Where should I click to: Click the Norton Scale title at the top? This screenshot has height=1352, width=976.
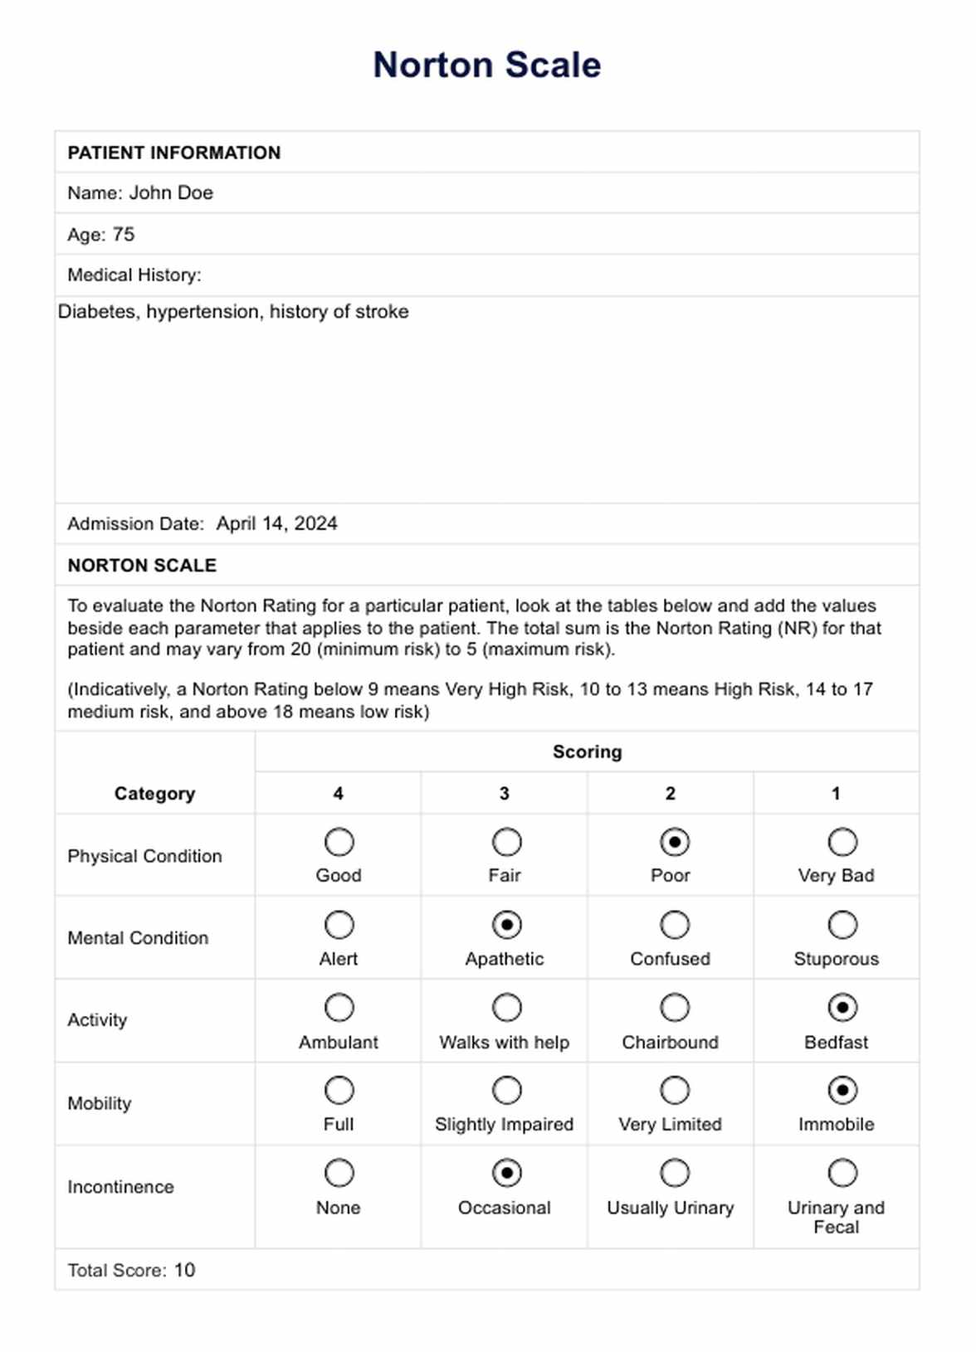[x=486, y=65]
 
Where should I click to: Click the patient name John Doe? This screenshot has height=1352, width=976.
[x=171, y=193]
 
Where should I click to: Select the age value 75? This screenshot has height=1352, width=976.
[x=123, y=235]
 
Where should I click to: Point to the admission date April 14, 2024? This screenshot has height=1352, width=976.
[x=276, y=524]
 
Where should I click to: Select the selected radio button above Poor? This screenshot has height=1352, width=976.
[x=674, y=843]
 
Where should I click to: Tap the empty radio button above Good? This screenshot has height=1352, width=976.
[x=339, y=843]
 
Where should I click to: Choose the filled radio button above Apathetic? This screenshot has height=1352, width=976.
[x=506, y=925]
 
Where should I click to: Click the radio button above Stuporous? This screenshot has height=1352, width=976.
[x=842, y=925]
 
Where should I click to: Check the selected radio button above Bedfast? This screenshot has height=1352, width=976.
[x=842, y=1008]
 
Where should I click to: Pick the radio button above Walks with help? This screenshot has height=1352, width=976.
[x=506, y=1008]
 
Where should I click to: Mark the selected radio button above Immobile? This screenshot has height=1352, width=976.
[x=842, y=1091]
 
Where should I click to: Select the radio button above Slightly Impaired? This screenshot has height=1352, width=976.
[x=506, y=1091]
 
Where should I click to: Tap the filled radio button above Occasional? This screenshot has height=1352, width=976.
[x=506, y=1174]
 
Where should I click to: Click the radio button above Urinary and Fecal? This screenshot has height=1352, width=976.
[x=842, y=1174]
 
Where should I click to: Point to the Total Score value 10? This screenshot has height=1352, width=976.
[x=184, y=1271]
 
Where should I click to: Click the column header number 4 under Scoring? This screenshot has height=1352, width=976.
[x=338, y=794]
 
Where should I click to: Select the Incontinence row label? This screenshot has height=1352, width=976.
[x=120, y=1187]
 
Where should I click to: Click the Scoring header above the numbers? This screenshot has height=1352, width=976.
[x=587, y=752]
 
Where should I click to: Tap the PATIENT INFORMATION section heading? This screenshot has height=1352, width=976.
[x=174, y=153]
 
